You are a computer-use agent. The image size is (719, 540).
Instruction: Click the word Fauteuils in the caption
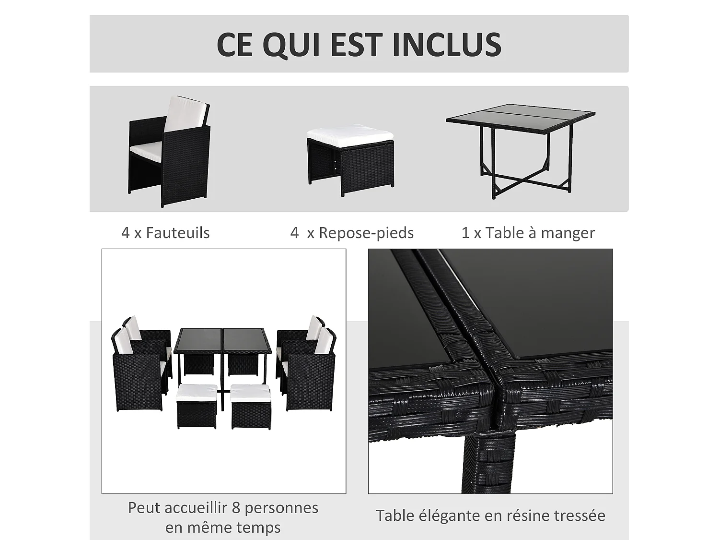[178, 233]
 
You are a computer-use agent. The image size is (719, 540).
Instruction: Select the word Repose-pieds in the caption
[366, 233]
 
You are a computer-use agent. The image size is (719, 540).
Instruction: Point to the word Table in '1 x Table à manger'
[504, 233]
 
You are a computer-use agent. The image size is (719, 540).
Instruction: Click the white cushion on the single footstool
[350, 132]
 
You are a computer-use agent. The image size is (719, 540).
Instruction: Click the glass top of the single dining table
[521, 116]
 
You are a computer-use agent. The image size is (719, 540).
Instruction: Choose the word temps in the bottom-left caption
[260, 528]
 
